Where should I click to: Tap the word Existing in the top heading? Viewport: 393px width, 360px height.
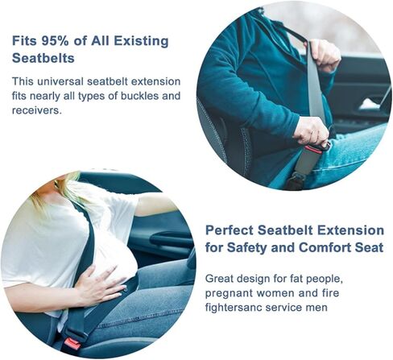(x=141, y=41)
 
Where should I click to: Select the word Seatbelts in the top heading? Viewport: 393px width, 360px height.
(x=43, y=58)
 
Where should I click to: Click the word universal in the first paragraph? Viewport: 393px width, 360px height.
(x=60, y=81)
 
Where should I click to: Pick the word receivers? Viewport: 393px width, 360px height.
(x=37, y=110)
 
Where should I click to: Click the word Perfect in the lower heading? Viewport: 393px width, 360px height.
(x=230, y=230)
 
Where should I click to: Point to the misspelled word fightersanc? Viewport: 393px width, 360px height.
(x=234, y=307)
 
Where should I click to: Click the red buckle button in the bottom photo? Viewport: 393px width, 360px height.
(x=71, y=344)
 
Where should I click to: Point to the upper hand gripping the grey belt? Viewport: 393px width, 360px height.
(x=324, y=56)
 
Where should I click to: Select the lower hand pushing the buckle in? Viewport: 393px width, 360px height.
(x=312, y=131)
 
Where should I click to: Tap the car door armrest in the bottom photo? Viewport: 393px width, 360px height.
(x=169, y=238)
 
